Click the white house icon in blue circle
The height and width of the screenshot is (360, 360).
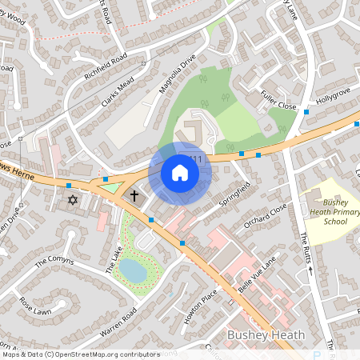(180, 173)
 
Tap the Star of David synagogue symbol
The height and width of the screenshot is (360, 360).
(74, 198)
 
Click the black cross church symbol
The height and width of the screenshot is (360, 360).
(134, 195)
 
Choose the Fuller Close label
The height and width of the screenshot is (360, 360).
(278, 100)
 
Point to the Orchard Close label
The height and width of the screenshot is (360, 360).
(266, 216)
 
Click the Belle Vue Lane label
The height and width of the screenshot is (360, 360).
(257, 272)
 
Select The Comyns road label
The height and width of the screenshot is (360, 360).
(54, 262)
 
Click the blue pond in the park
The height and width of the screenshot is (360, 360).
(134, 272)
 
